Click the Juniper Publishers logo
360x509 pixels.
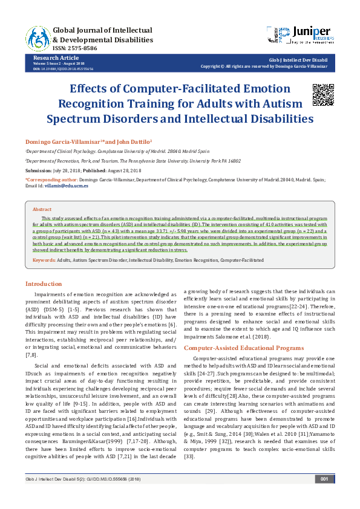click(x=300, y=34)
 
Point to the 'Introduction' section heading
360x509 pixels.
click(x=43, y=284)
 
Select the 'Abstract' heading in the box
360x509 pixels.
click(x=42, y=209)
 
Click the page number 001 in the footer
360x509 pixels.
click(x=324, y=496)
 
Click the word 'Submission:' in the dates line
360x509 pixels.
click(x=38, y=170)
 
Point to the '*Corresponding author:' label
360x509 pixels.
click(x=51, y=180)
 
